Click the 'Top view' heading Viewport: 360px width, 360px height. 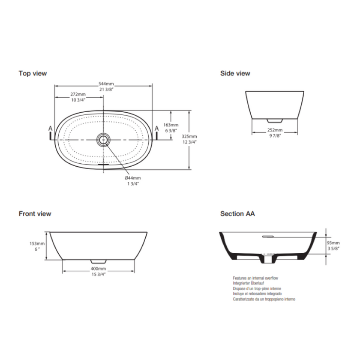click(33, 73)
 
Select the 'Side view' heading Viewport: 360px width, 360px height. click(235, 73)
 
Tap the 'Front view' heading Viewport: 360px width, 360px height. click(35, 213)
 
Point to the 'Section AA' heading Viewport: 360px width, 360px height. click(237, 213)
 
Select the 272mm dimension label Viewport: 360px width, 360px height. click(78, 94)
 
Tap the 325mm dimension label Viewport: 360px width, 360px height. click(201, 136)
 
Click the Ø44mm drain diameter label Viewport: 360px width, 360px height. click(132, 177)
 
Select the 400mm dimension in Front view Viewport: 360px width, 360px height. click(99, 268)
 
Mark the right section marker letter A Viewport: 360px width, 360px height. click(156, 128)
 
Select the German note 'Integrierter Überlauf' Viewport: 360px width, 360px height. click(248, 283)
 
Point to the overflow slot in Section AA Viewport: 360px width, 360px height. click(268, 235)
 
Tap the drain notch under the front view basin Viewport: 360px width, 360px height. click(98, 261)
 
